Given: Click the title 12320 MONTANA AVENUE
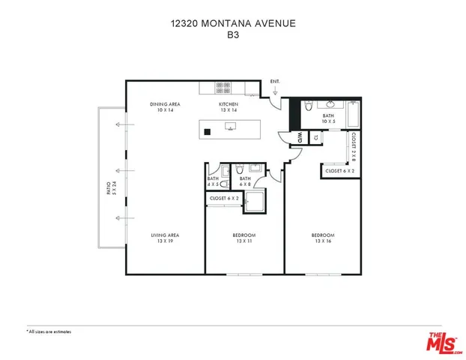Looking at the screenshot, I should point(232,24).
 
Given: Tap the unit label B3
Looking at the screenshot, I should point(232,34).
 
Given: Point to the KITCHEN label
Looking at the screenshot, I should point(229,107).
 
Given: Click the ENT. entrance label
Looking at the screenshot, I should point(275,81).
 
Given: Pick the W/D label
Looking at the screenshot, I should point(299,137).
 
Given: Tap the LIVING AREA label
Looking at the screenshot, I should point(166,238).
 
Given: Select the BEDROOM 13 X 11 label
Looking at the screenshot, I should point(244,238).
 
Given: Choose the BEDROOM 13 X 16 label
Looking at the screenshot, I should point(323,238).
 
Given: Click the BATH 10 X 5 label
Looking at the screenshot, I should point(328,118).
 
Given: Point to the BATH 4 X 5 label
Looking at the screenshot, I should point(213,181).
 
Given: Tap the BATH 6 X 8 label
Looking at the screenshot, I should point(245,181).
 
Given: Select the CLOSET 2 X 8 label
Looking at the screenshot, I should point(353,147).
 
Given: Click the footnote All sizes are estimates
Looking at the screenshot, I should point(49,330).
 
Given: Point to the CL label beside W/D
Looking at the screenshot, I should point(315,137).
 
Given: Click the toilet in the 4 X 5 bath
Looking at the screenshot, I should point(213,170).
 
